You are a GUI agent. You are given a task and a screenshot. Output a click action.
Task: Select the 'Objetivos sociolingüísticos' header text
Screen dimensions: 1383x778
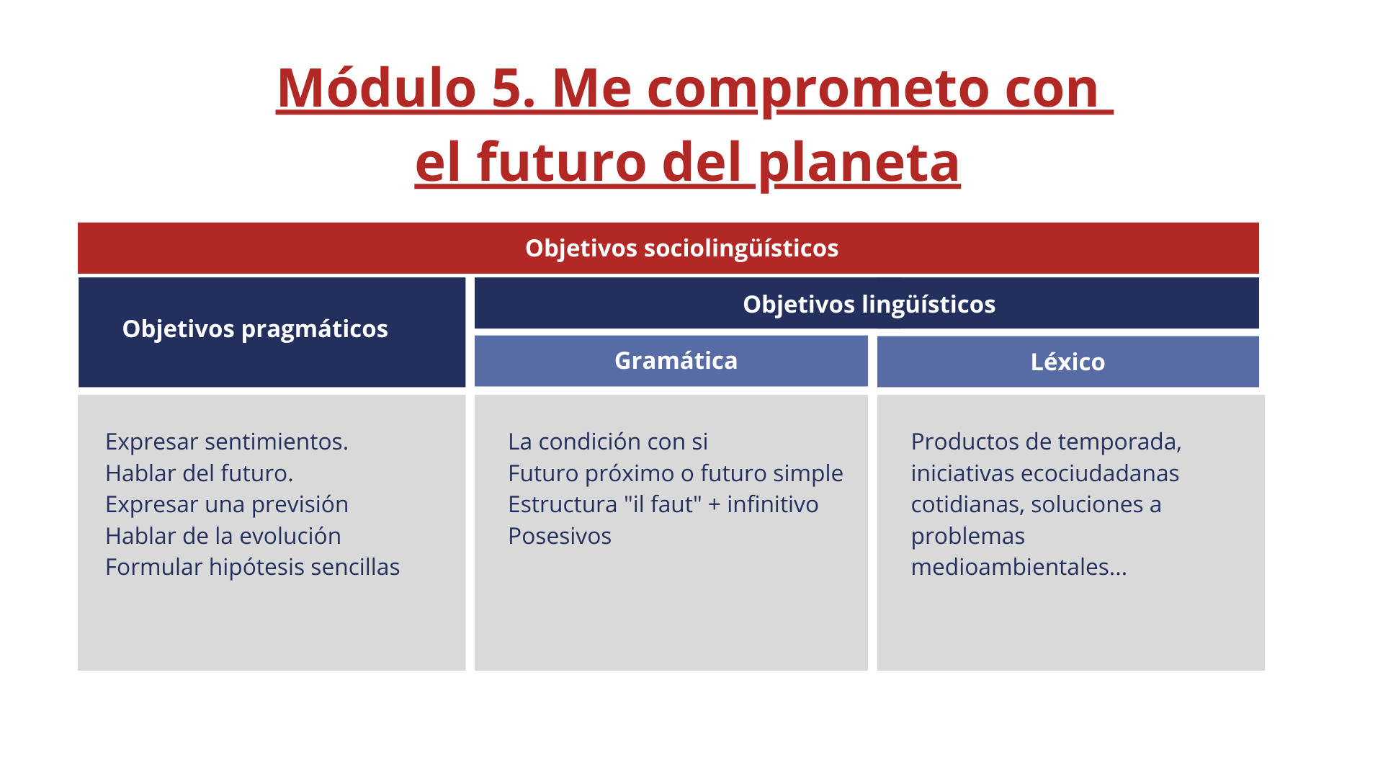point(681,248)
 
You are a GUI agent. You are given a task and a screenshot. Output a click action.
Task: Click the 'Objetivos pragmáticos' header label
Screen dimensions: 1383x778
point(255,329)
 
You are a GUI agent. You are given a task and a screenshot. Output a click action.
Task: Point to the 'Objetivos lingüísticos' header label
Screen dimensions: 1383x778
point(869,304)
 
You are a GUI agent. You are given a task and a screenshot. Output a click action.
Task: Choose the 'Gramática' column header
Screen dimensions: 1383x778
point(676,360)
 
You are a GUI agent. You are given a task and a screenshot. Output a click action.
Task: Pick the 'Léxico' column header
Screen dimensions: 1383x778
point(1068,362)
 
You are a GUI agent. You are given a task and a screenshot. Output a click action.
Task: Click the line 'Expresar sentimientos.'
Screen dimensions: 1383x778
point(227,442)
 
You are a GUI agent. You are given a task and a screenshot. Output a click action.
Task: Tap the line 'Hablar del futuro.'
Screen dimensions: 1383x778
point(200,473)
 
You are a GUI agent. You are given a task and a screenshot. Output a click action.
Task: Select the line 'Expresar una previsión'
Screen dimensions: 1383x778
point(227,504)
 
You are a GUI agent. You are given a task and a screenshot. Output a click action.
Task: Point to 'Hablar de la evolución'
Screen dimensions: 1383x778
point(223,536)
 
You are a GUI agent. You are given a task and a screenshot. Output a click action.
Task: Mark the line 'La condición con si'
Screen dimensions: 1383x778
point(608,442)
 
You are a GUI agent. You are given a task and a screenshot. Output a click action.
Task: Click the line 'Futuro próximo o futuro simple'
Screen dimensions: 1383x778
point(676,473)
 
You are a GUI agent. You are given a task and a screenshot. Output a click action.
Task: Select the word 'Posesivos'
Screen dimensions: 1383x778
point(560,536)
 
